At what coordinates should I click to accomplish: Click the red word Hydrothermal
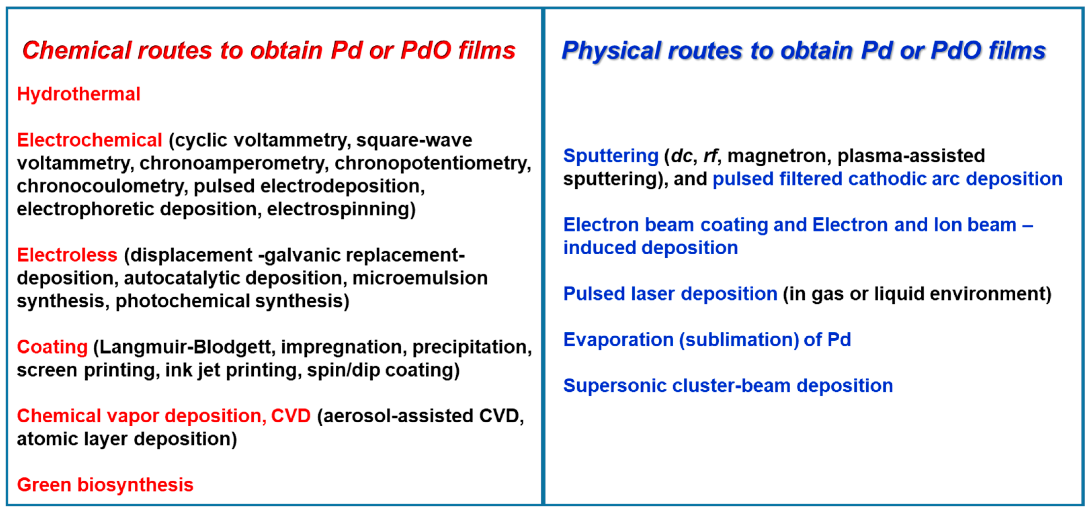click(x=78, y=94)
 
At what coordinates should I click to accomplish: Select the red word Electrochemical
click(x=89, y=140)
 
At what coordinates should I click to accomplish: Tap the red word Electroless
click(x=67, y=255)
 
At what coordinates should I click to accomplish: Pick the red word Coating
click(x=52, y=347)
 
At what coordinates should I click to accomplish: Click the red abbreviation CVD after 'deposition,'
click(x=291, y=416)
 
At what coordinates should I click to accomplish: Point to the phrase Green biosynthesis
click(x=105, y=485)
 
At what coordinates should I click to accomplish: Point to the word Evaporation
click(x=618, y=340)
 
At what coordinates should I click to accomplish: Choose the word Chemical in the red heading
click(x=77, y=50)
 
